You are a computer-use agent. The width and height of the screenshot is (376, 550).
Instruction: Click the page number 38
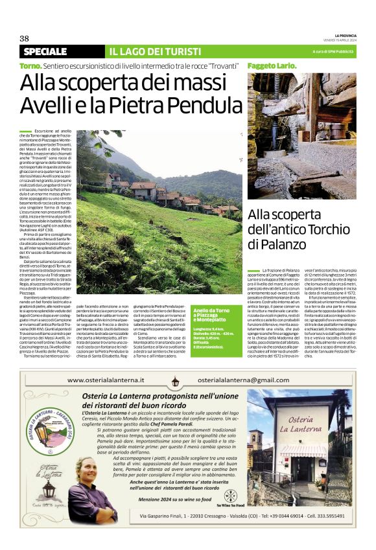[24, 38]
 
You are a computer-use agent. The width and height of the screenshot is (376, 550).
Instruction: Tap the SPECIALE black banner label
[45, 51]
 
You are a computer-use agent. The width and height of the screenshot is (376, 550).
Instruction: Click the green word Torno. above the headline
[30, 67]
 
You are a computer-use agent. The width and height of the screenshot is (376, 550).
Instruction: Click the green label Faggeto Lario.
[269, 67]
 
